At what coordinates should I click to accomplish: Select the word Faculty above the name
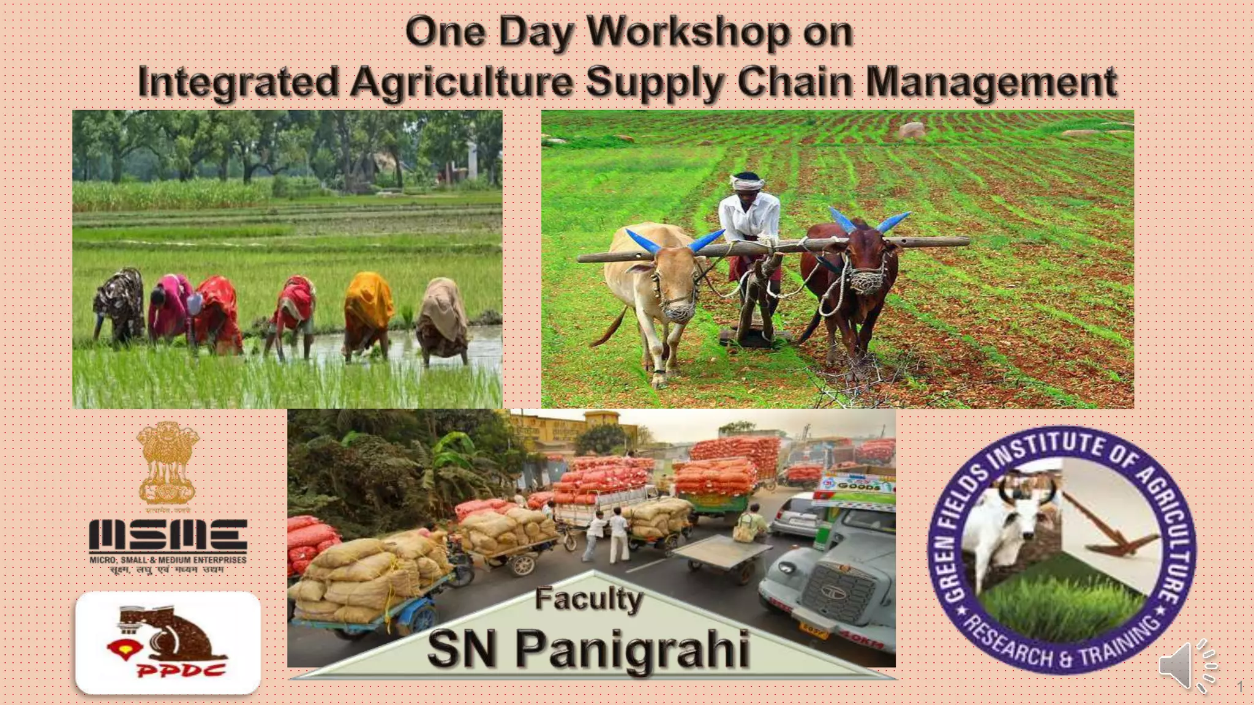pos(588,599)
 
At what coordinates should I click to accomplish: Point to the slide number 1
pos(1240,687)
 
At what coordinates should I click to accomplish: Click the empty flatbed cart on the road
pos(723,554)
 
